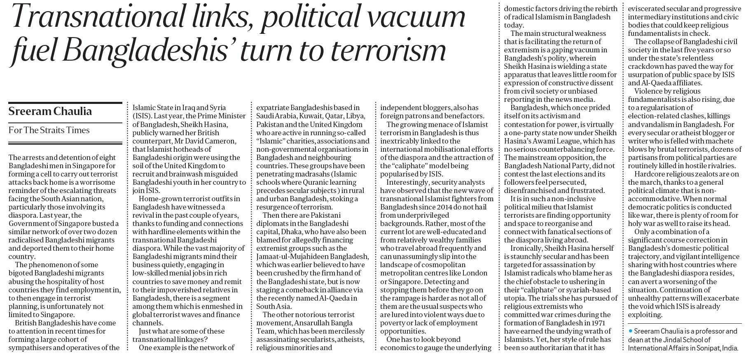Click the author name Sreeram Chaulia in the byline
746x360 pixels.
50,112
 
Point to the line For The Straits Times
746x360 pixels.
49,130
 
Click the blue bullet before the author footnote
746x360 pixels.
630,331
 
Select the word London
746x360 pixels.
475,273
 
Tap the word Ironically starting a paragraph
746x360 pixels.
526,248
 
